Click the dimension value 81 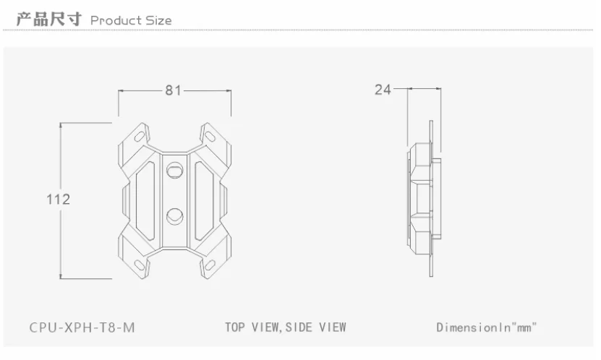click(x=173, y=90)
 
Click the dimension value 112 click(x=59, y=199)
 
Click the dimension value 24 click(x=383, y=90)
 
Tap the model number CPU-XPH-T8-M click(x=82, y=327)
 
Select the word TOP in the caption click(x=234, y=327)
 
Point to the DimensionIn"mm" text click(x=487, y=327)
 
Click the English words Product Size click(x=131, y=20)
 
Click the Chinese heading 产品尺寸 click(x=49, y=19)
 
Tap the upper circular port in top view click(x=175, y=170)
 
